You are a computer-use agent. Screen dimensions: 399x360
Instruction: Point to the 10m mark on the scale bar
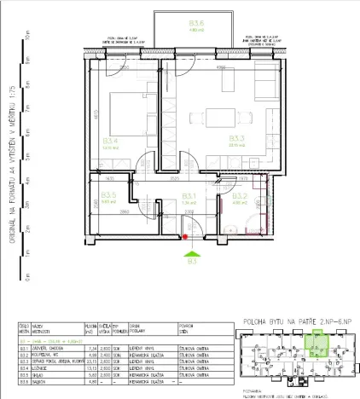[x=27, y=38]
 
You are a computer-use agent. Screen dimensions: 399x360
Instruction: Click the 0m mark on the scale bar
[x=27, y=277]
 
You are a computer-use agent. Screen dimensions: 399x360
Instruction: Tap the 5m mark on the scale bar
[x=27, y=158]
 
